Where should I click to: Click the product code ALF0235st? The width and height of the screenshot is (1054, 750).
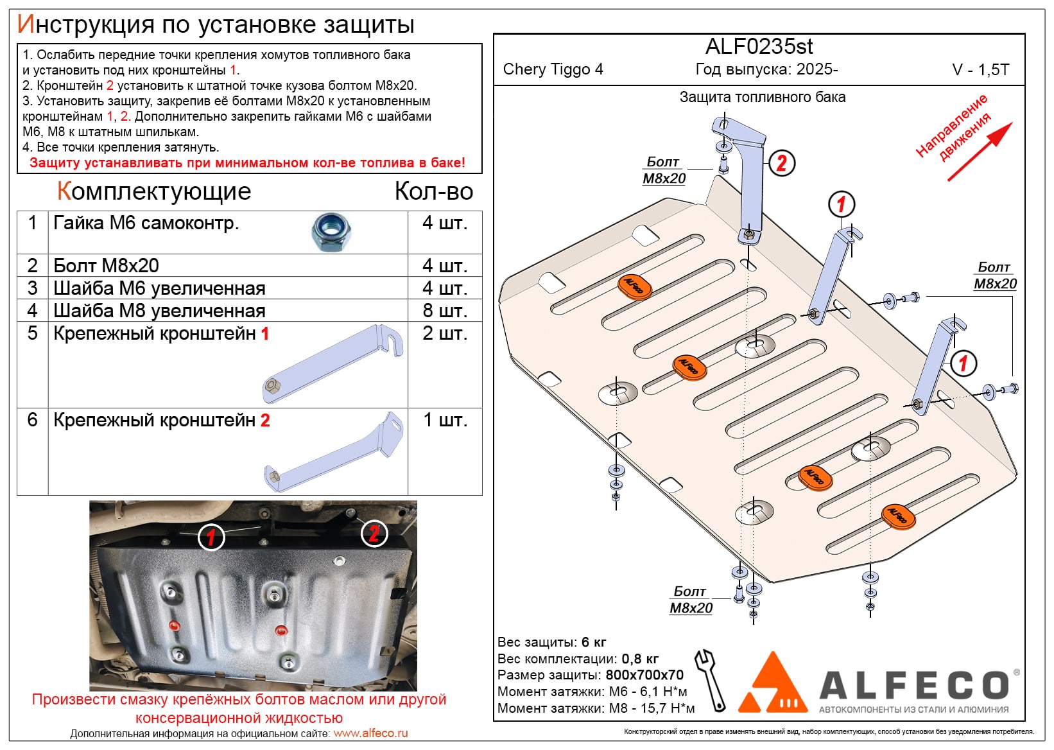pyautogui.click(x=759, y=47)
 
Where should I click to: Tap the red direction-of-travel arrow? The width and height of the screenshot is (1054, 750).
pyautogui.click(x=980, y=152)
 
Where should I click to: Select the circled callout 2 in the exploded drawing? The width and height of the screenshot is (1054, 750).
pyautogui.click(x=781, y=163)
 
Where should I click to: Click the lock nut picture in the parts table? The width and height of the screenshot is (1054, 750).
pyautogui.click(x=331, y=232)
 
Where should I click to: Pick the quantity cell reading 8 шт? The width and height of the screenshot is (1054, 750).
pyautogui.click(x=444, y=311)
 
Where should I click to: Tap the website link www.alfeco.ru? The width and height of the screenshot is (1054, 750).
pyautogui.click(x=370, y=733)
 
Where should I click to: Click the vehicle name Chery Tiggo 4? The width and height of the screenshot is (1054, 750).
pyautogui.click(x=553, y=69)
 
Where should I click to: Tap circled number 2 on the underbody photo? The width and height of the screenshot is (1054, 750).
pyautogui.click(x=374, y=533)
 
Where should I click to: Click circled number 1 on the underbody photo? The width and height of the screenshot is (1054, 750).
pyautogui.click(x=211, y=537)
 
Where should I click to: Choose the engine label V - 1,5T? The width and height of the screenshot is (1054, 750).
pyautogui.click(x=980, y=70)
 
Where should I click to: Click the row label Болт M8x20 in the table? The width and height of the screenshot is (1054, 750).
pyautogui.click(x=106, y=266)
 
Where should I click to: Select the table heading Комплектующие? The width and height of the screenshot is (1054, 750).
pyautogui.click(x=154, y=191)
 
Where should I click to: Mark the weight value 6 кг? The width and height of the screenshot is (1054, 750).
pyautogui.click(x=594, y=642)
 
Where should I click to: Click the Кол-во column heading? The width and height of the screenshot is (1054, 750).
pyautogui.click(x=433, y=191)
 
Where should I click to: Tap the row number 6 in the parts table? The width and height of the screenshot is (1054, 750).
pyautogui.click(x=33, y=420)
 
